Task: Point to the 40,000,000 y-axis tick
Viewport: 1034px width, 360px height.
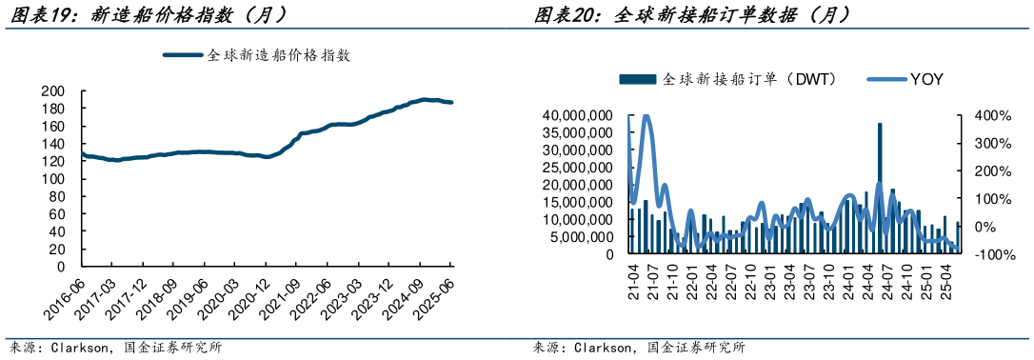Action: pos(576,115)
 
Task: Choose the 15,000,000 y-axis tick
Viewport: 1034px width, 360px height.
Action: pos(576,202)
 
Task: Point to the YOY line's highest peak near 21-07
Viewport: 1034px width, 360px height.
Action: pos(646,117)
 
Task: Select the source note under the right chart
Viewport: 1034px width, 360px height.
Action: pos(639,348)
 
